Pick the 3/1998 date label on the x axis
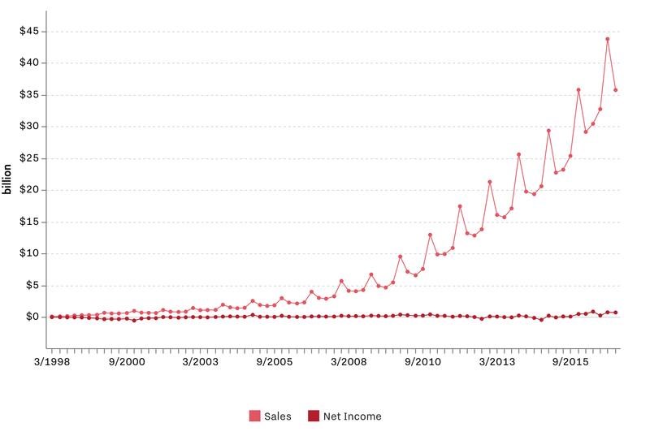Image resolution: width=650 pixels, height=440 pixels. pos(51,360)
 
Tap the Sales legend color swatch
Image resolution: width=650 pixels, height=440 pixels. pos(254,416)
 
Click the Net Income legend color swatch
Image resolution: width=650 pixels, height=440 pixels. pos(314,416)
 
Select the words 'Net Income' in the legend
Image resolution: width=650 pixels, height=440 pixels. pos(353,416)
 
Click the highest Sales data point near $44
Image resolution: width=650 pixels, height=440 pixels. pos(608,39)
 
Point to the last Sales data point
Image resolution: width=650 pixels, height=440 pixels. pos(616,90)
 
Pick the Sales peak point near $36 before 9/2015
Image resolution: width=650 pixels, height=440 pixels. pos(578,90)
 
